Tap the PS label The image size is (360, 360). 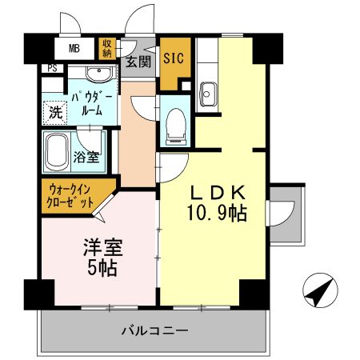[51, 69]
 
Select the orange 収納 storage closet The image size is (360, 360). [107, 49]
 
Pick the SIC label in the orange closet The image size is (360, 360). [174, 58]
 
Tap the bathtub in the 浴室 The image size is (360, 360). [61, 150]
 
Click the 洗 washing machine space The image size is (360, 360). [54, 112]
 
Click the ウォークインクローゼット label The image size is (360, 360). [71, 196]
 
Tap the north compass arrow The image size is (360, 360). [318, 290]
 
